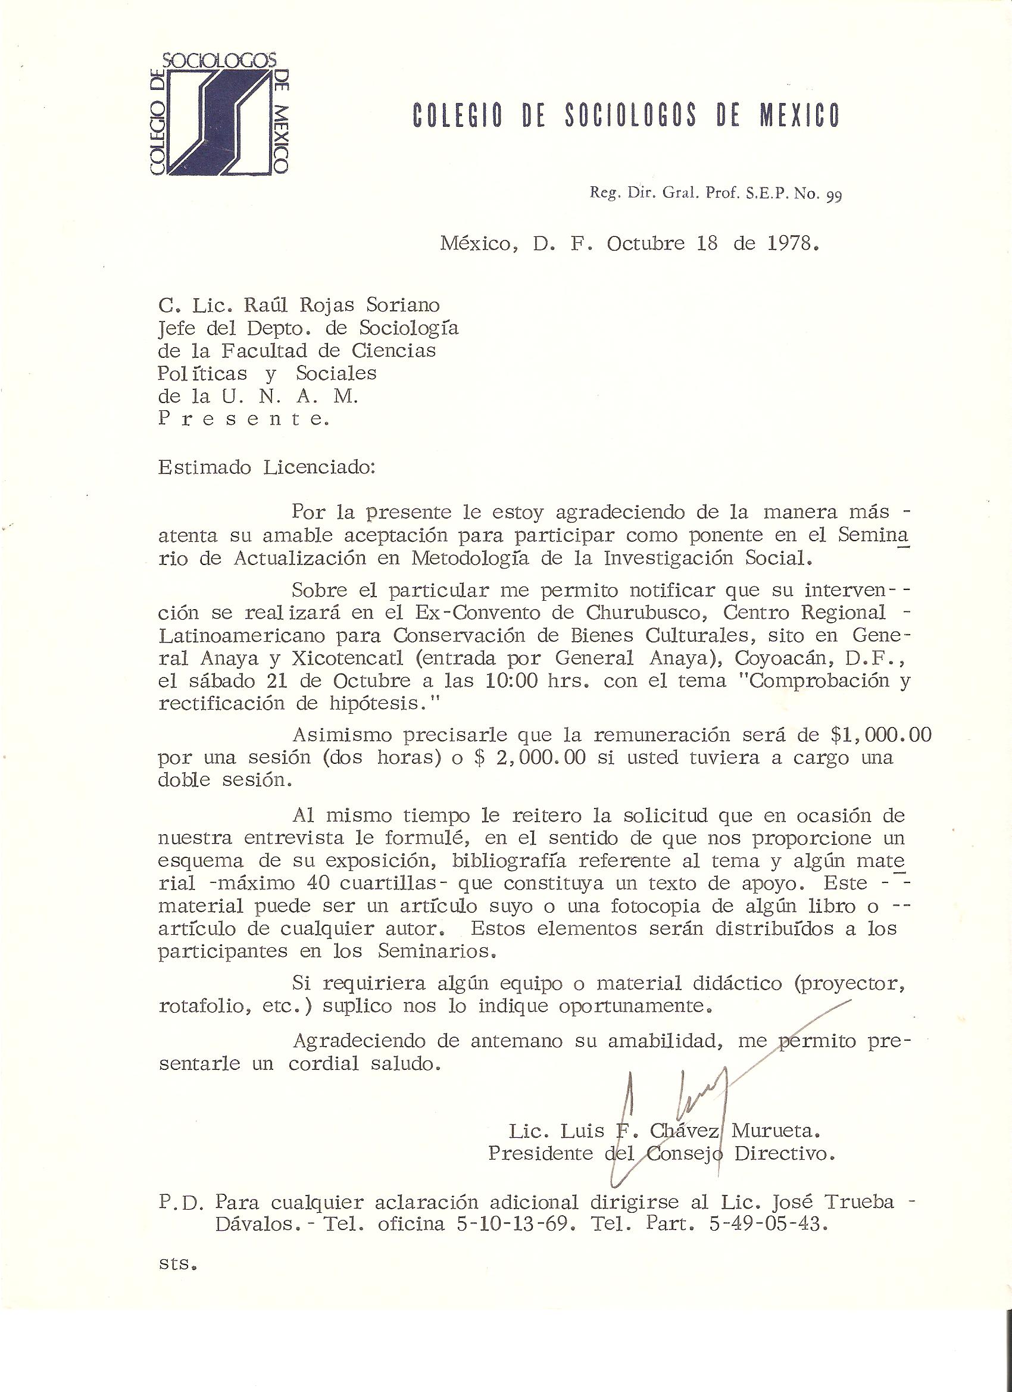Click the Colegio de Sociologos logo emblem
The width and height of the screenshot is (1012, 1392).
[218, 114]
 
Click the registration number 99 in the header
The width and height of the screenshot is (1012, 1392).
[833, 196]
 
